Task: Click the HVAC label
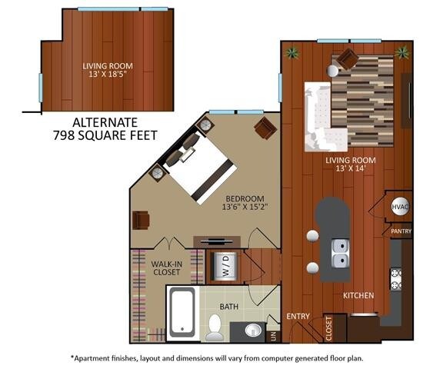pyautogui.click(x=399, y=208)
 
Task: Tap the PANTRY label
pyautogui.click(x=401, y=231)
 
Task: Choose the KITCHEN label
pyautogui.click(x=358, y=295)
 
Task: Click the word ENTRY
pyautogui.click(x=298, y=316)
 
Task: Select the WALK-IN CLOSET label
pyautogui.click(x=167, y=268)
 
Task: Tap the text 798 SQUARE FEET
pyautogui.click(x=106, y=135)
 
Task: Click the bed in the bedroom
pyautogui.click(x=196, y=165)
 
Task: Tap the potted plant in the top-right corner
pyautogui.click(x=401, y=52)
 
